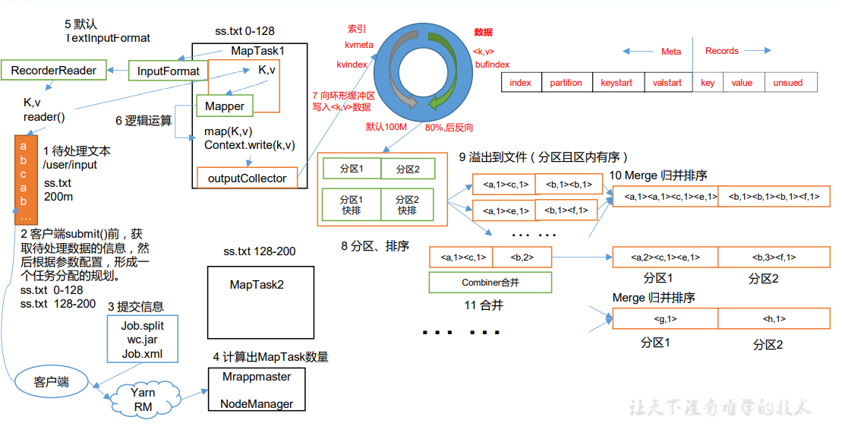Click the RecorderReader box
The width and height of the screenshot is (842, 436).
tap(54, 71)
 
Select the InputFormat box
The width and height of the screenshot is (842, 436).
tap(169, 71)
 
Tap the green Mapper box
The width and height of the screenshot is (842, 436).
tap(224, 107)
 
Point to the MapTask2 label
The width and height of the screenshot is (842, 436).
tap(257, 284)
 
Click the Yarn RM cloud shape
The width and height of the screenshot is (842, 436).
tap(143, 400)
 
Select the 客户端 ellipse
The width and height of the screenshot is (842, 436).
tap(52, 381)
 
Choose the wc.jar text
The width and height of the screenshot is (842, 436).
tap(143, 340)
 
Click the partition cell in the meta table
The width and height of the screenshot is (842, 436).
tap(566, 83)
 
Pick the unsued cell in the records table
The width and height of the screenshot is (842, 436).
tap(787, 83)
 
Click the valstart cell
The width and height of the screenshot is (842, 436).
tap(667, 83)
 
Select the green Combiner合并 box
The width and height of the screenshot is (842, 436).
tap(490, 283)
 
